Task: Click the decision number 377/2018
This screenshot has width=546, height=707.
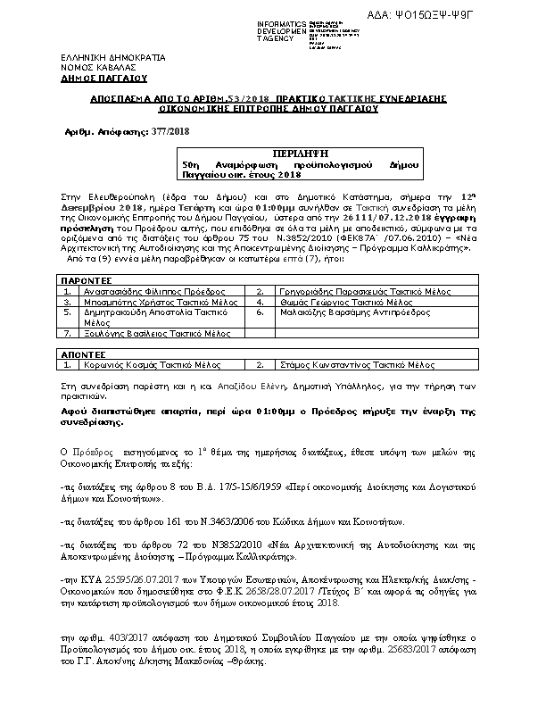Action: [170, 130]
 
